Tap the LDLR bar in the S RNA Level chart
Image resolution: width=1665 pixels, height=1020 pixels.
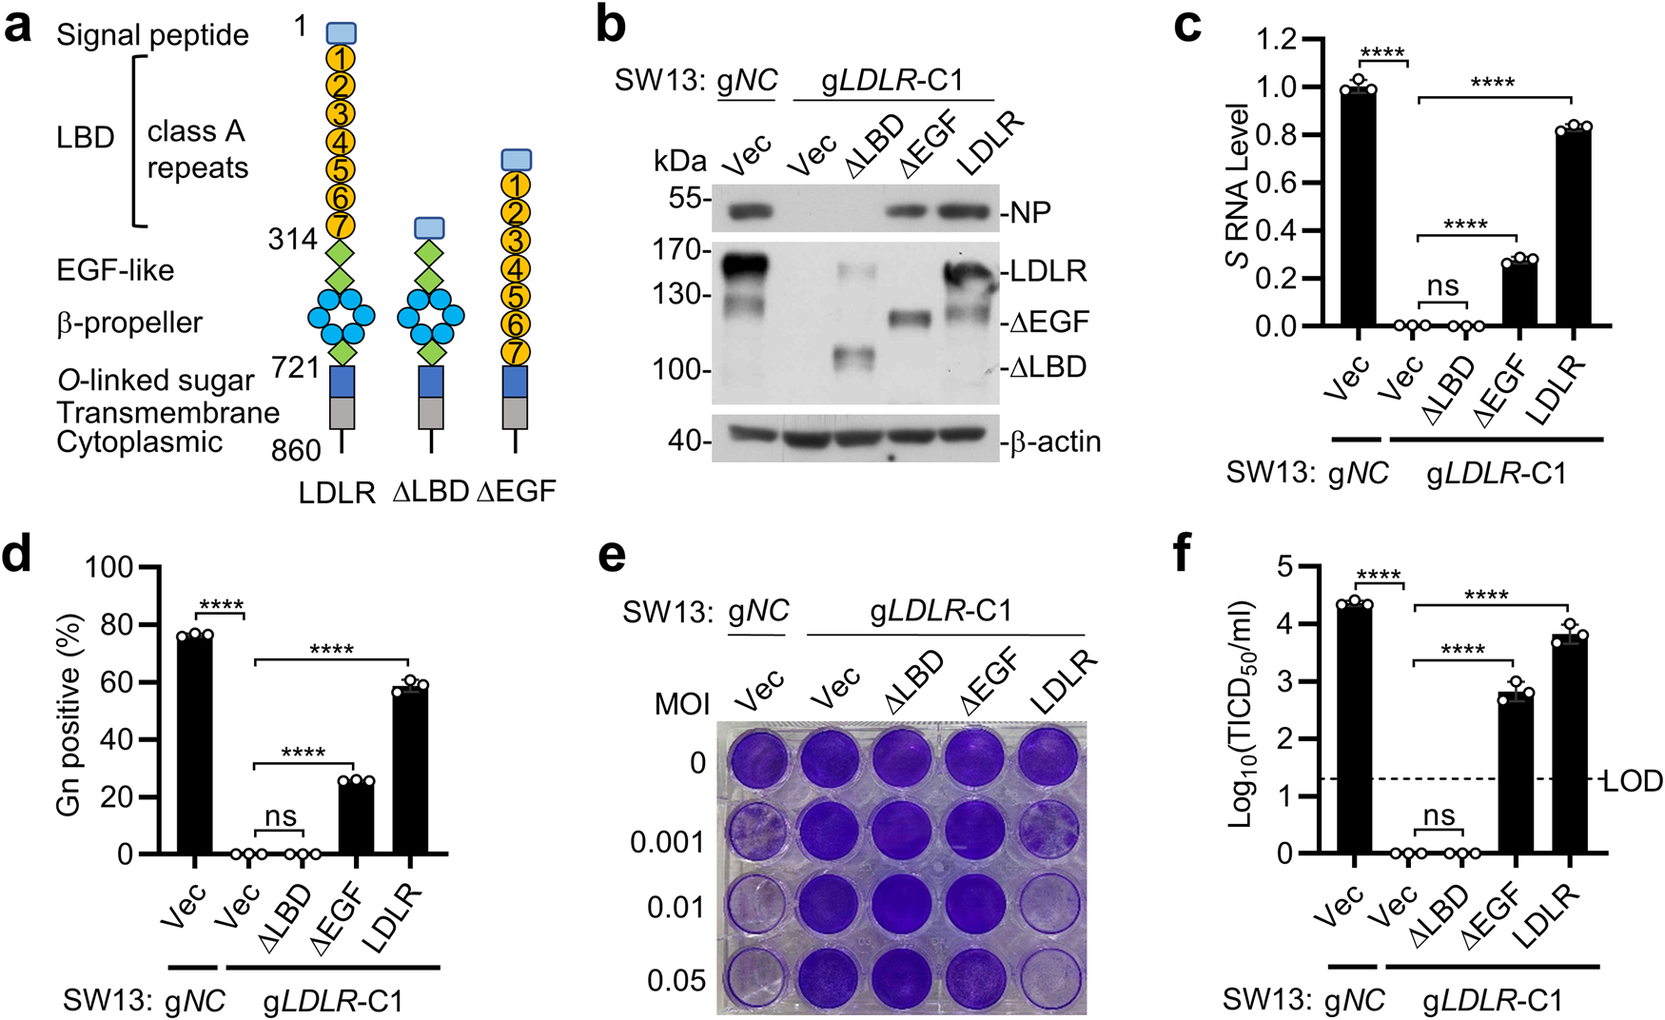[x=1573, y=228]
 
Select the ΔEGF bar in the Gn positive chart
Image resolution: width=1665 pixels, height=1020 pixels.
[x=356, y=818]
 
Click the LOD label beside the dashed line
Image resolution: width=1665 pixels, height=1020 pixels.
[x=1633, y=781]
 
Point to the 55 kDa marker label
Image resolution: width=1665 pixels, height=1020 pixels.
[x=683, y=199]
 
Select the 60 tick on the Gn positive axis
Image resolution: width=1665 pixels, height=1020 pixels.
[x=118, y=682]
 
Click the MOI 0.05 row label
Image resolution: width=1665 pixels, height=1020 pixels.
[x=676, y=980]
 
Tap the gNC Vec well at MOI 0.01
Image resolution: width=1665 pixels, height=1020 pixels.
[x=758, y=906]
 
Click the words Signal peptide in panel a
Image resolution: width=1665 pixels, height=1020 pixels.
[x=152, y=35]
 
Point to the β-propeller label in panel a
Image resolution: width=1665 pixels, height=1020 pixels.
[x=129, y=323]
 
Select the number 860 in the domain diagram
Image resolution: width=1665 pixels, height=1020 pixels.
[x=296, y=450]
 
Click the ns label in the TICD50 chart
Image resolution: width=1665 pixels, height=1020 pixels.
[x=1439, y=815]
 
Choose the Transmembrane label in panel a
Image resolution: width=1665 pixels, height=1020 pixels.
[x=167, y=412]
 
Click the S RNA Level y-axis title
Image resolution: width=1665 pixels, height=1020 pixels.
[x=1237, y=185]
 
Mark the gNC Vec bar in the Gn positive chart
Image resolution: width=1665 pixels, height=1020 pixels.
[x=194, y=744]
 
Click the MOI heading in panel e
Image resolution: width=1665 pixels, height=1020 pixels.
[x=682, y=704]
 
